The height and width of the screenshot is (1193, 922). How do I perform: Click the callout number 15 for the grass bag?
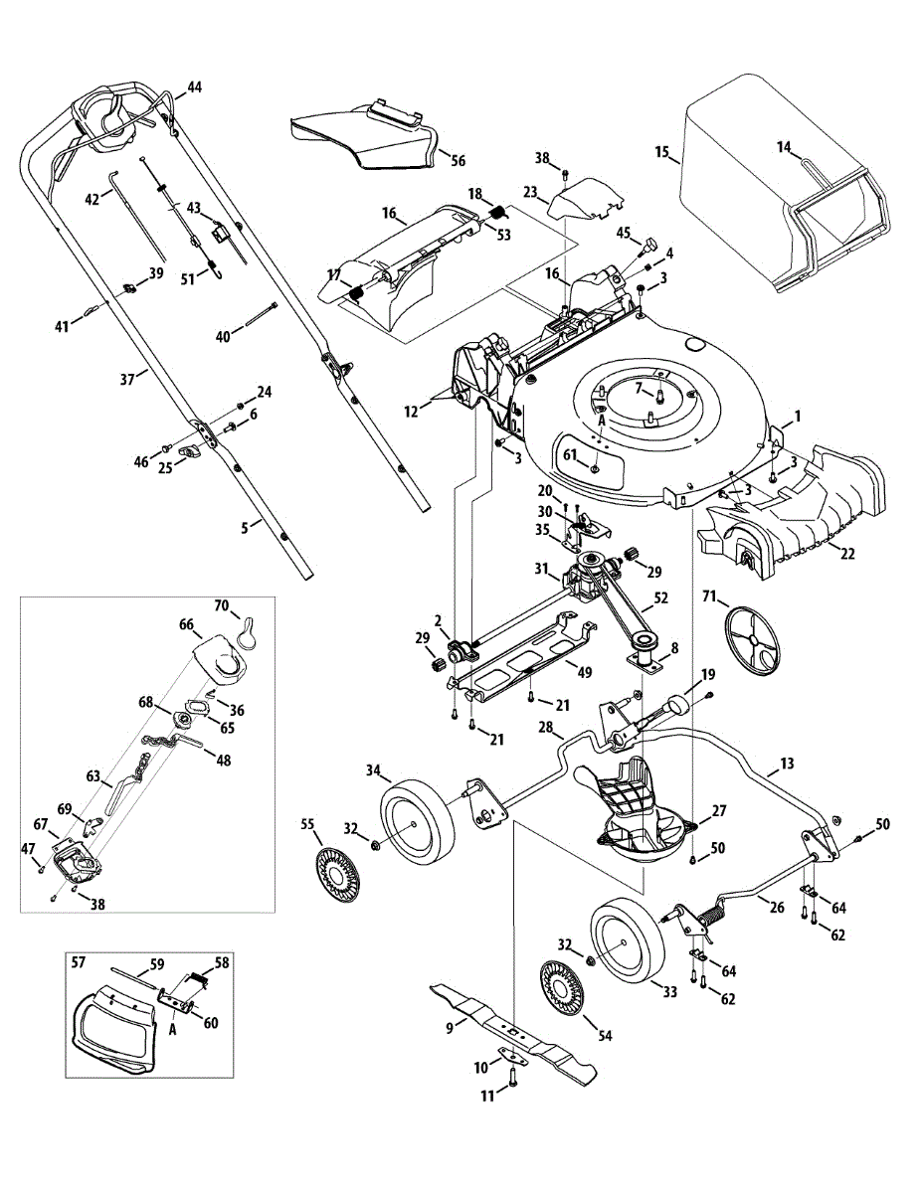pyautogui.click(x=661, y=153)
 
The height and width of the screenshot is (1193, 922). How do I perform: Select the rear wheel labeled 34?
pyautogui.click(x=417, y=815)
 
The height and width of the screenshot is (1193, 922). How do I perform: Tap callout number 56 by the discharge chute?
pyautogui.click(x=458, y=160)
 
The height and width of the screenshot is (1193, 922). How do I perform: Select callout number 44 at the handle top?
pyautogui.click(x=193, y=87)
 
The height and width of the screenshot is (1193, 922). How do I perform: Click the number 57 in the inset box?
pyautogui.click(x=80, y=963)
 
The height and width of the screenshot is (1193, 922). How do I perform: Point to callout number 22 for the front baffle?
pyautogui.click(x=847, y=554)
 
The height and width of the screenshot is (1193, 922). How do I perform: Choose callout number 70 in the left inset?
pyautogui.click(x=222, y=604)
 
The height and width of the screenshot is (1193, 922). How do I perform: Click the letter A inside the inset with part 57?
pyautogui.click(x=173, y=1030)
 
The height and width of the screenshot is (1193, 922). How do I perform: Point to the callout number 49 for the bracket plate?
pyautogui.click(x=585, y=672)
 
